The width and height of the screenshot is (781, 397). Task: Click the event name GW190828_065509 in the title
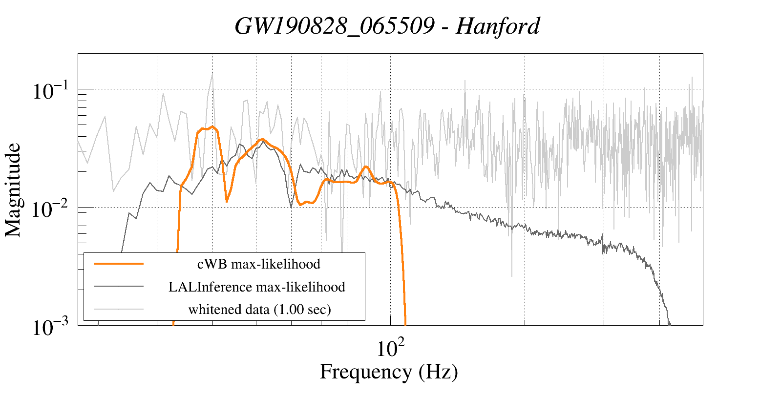(x=335, y=26)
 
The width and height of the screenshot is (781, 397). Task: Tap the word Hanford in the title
(x=498, y=26)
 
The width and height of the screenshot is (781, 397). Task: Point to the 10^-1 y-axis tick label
(x=52, y=91)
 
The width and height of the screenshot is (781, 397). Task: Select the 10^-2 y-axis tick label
(x=52, y=209)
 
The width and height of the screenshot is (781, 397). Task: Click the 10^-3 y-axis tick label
(x=52, y=328)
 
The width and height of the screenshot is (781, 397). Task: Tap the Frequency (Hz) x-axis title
(x=389, y=372)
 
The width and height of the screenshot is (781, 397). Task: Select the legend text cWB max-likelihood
(x=258, y=264)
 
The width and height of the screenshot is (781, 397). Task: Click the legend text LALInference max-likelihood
(x=257, y=287)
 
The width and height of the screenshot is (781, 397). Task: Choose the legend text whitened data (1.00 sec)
(x=259, y=309)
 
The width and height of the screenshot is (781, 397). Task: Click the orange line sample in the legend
(x=119, y=264)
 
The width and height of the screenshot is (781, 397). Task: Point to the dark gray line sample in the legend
(x=119, y=286)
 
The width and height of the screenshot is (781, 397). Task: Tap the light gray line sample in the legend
(x=119, y=309)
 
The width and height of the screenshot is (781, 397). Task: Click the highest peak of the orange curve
(x=212, y=127)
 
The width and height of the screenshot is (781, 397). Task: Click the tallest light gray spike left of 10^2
(x=212, y=74)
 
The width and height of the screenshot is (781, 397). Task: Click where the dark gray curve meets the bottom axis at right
(x=670, y=324)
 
